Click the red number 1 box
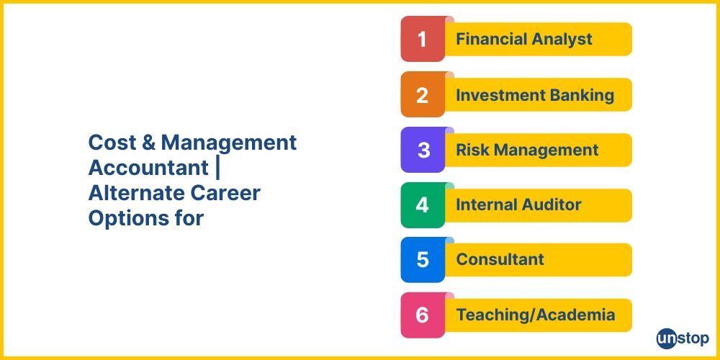coord(423,39)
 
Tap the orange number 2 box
coord(423,94)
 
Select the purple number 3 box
coord(423,150)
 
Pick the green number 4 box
coord(423,204)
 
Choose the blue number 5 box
coord(423,260)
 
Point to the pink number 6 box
coord(423,315)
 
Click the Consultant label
coord(500,259)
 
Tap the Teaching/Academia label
coord(536,315)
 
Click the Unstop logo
coord(683,339)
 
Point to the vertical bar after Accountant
coord(217,168)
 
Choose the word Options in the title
coord(121,219)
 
